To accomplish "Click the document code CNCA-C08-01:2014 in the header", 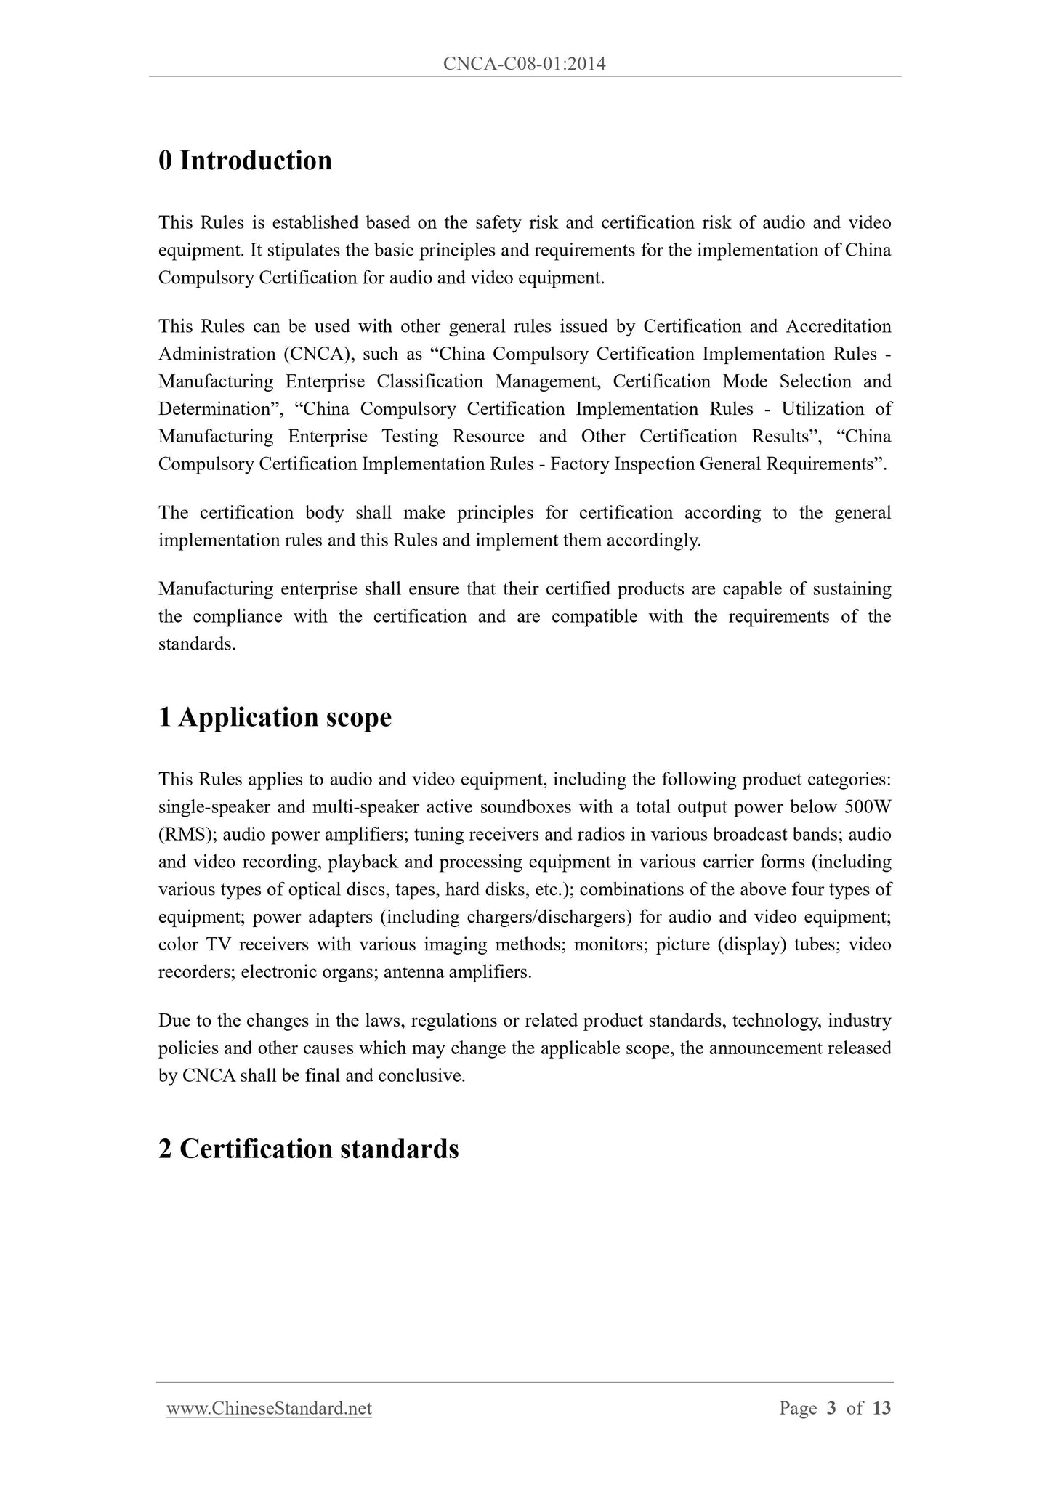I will point(524,65).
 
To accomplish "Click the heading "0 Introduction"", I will point(245,161).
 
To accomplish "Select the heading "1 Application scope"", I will point(275,717).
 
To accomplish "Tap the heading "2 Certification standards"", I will point(308,1149).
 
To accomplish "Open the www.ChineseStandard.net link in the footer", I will point(269,1409).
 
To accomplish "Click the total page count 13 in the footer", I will point(881,1409).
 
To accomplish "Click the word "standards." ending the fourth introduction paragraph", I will point(197,644).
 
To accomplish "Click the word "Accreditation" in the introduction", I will point(839,326).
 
